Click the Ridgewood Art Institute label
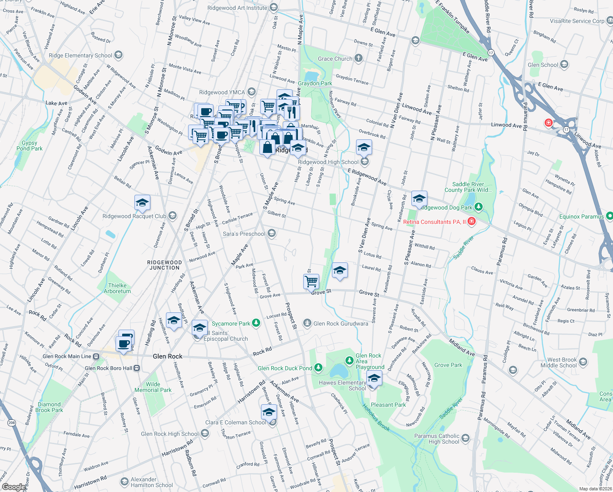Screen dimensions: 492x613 (237, 8)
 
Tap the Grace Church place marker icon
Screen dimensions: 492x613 (359, 58)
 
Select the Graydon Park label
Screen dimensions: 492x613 (315, 83)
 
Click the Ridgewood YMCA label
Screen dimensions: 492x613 (222, 92)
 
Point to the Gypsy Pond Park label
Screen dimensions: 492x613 (30, 146)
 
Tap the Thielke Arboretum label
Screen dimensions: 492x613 (117, 288)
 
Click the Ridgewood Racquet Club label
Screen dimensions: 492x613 (134, 216)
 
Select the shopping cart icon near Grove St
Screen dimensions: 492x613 (311, 281)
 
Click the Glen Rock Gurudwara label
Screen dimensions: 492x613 (341, 323)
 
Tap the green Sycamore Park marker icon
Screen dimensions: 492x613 (256, 323)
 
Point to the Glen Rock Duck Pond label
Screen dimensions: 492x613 (285, 368)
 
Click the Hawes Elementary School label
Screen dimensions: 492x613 (343, 385)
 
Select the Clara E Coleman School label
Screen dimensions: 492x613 (236, 422)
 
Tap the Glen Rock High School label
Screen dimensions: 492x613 (170, 434)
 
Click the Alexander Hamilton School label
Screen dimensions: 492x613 (152, 482)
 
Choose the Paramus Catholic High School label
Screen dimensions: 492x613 (437, 439)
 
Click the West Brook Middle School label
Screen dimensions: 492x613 (561, 362)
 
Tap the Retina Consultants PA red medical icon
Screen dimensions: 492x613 (472, 221)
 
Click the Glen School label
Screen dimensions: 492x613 (543, 65)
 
